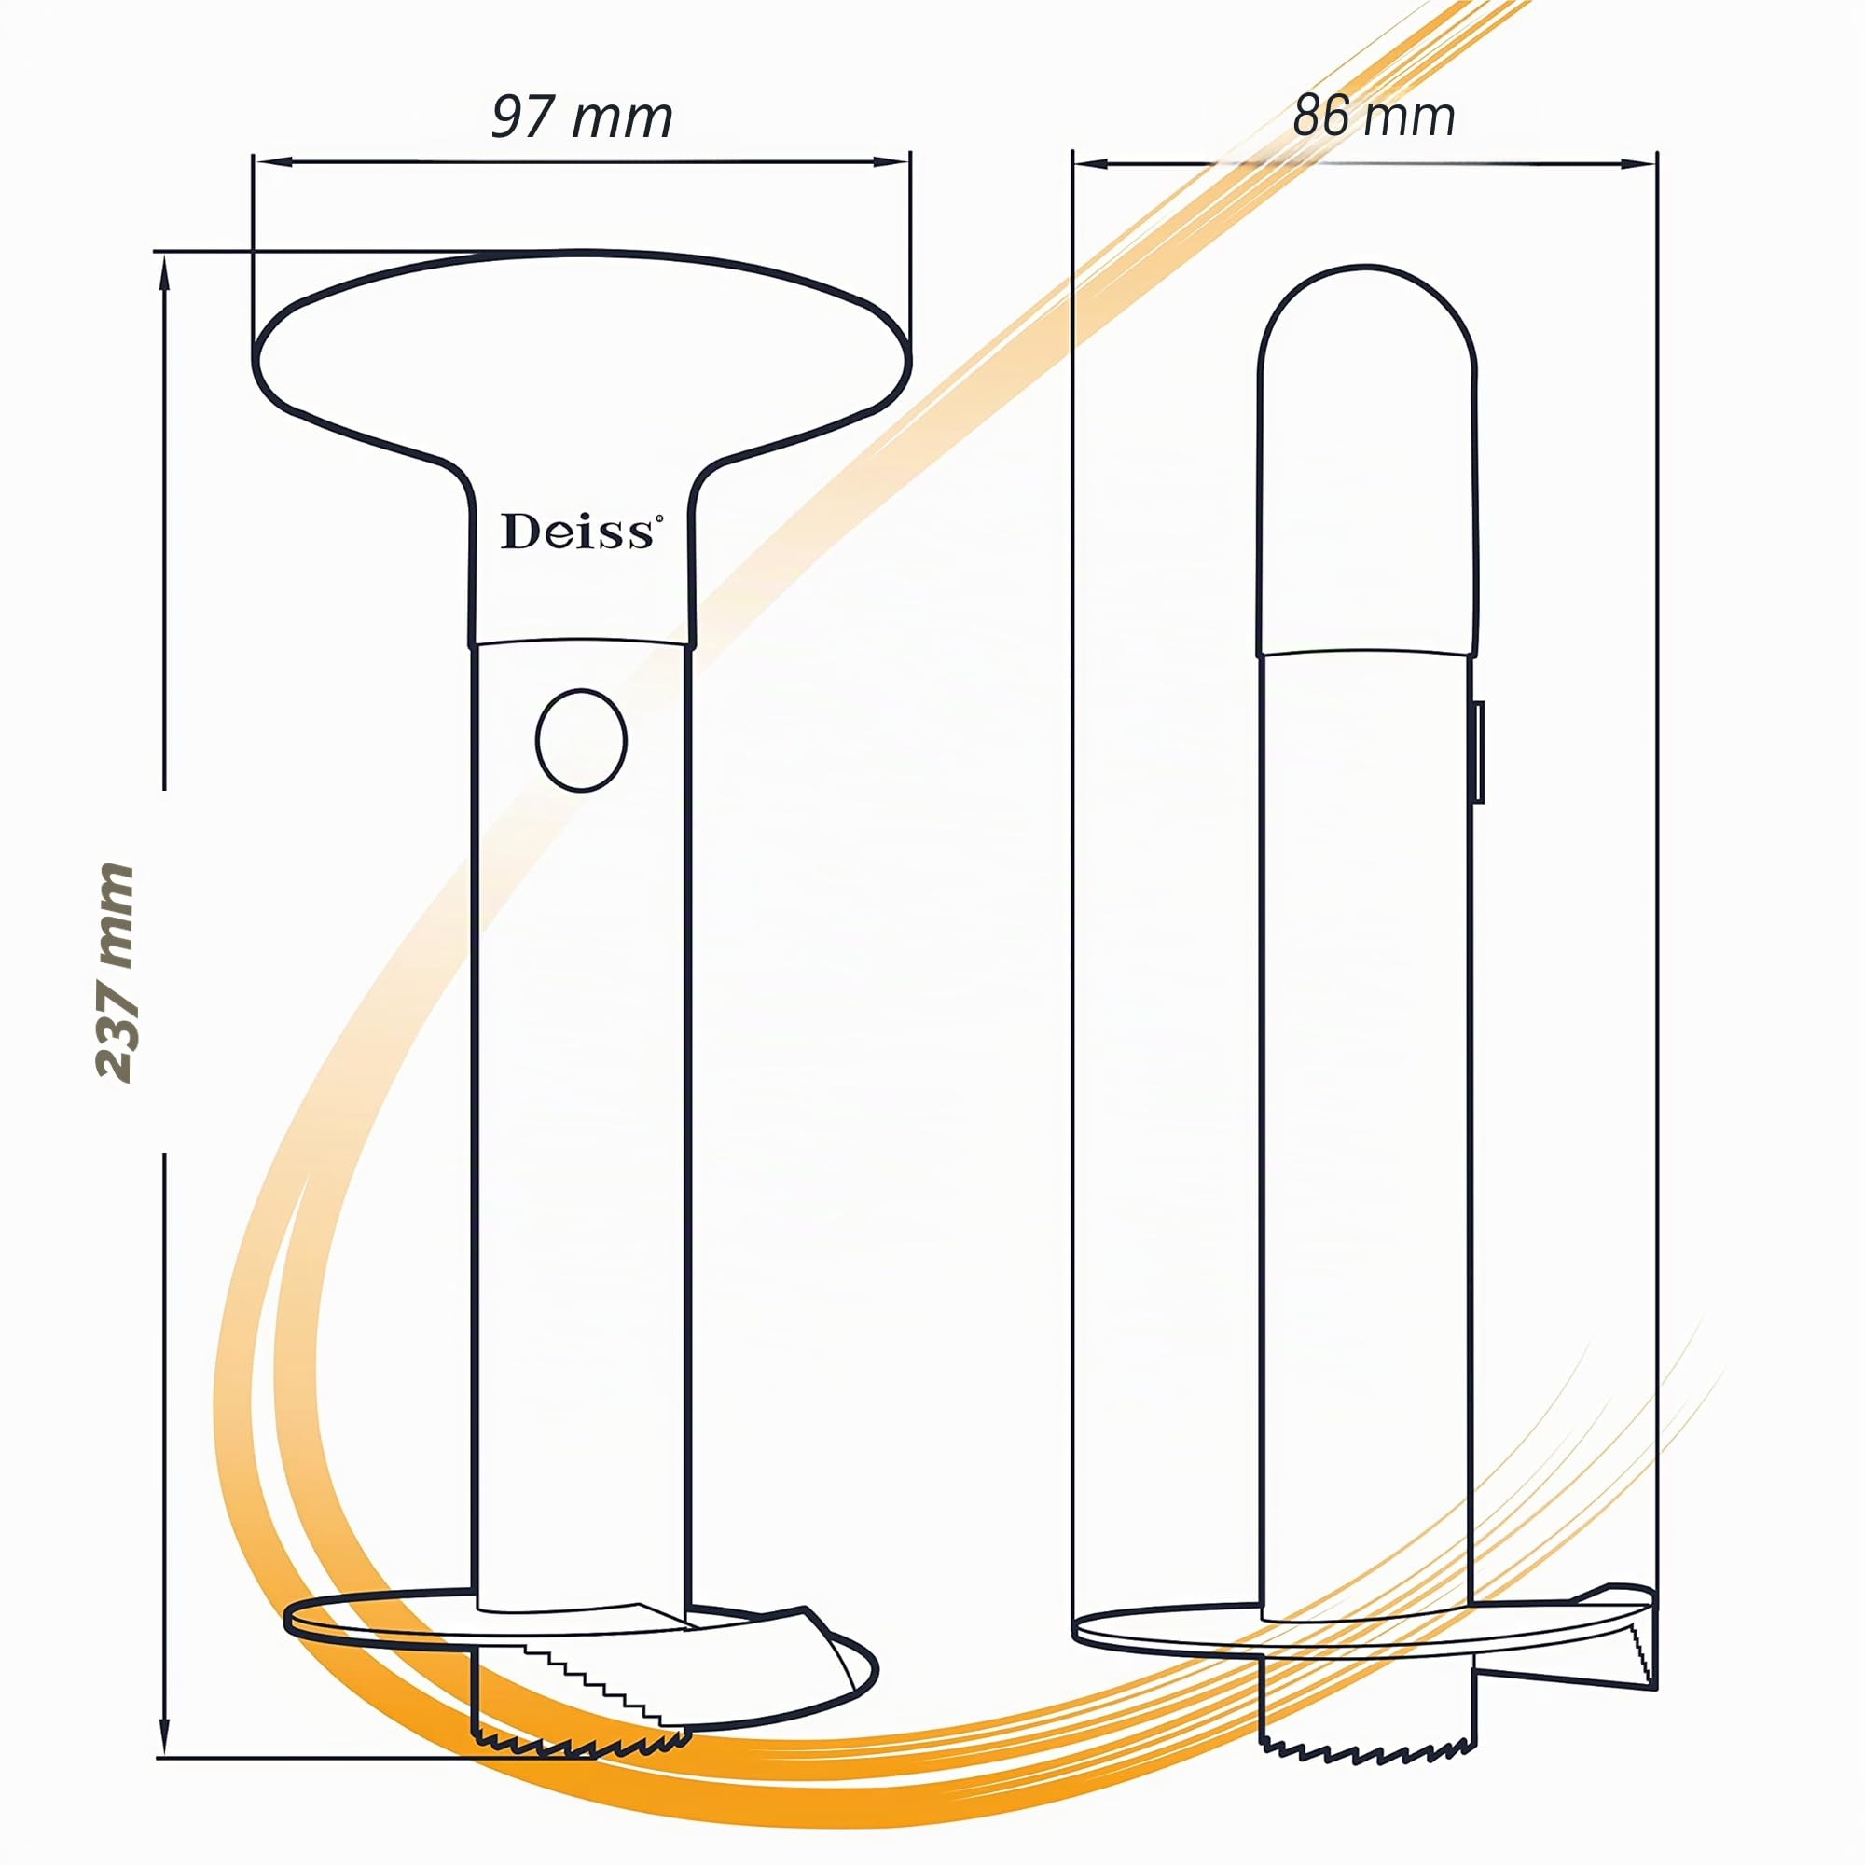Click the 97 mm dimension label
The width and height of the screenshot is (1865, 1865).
(582, 117)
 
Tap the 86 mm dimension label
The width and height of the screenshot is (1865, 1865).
(1374, 116)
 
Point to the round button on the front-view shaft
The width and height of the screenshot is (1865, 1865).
(581, 740)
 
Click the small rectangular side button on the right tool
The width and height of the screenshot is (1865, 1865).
(1478, 753)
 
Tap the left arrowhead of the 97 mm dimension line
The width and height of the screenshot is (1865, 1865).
(271, 162)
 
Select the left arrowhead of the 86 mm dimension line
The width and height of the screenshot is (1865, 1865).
(1092, 163)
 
